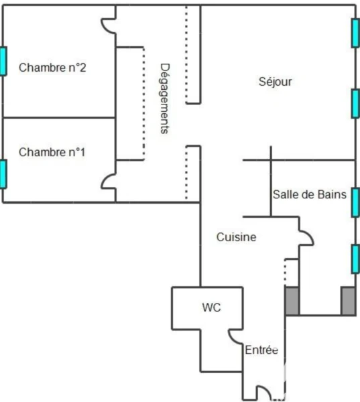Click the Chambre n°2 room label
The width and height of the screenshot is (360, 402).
click(x=52, y=68)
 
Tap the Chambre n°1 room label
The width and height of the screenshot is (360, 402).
click(x=52, y=152)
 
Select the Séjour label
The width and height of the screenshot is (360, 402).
click(x=275, y=82)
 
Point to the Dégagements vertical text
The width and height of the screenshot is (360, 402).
click(x=165, y=98)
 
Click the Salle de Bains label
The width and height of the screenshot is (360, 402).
click(x=310, y=194)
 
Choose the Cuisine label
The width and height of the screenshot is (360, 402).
click(x=237, y=237)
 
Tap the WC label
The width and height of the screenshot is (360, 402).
click(x=211, y=308)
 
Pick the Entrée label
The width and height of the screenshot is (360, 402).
click(x=261, y=350)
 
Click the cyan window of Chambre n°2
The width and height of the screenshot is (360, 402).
click(x=3, y=61)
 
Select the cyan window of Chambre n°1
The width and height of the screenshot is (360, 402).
click(x=3, y=174)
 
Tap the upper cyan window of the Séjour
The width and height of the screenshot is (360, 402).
click(x=355, y=33)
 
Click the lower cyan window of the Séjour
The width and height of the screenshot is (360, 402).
click(x=355, y=104)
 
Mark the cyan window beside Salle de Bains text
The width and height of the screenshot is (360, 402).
click(x=355, y=202)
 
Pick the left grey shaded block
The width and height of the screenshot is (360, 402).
click(x=292, y=301)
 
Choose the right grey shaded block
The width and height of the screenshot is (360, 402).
click(x=348, y=301)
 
